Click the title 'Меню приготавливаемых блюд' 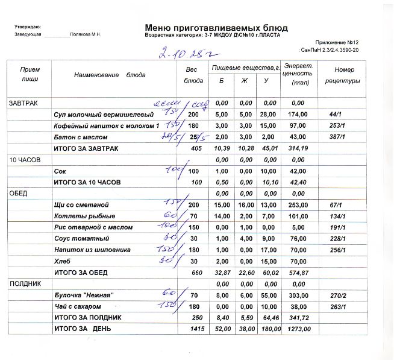[216, 28]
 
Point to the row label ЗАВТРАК [22, 104]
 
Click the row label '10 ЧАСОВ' [23, 160]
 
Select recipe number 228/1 [337, 239]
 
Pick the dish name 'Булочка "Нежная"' [84, 295]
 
